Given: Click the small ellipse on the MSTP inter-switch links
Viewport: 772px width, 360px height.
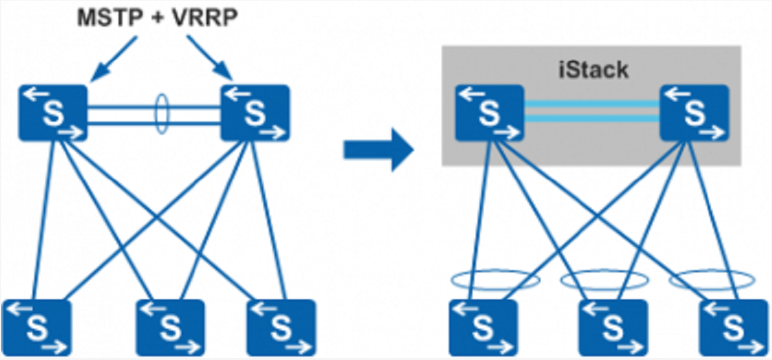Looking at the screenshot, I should pyautogui.click(x=160, y=113).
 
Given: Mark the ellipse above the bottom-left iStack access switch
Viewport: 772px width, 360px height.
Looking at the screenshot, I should pyautogui.click(x=495, y=280).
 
